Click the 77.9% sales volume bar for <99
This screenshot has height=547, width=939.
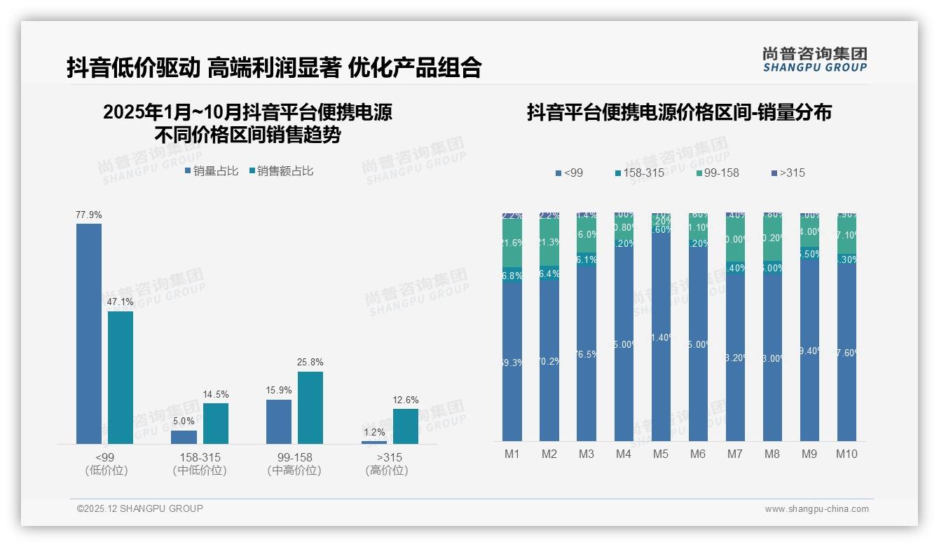pos(89,333)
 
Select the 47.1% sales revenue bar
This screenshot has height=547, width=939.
pos(121,377)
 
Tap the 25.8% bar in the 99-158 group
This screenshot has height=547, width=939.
pos(310,407)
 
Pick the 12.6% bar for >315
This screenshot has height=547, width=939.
pos(405,426)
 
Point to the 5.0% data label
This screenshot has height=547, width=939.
pos(184,421)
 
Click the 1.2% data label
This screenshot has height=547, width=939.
pos(374,433)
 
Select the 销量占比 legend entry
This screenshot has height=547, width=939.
pos(212,170)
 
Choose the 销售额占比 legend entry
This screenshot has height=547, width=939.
pos(281,170)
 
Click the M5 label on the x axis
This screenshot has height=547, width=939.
pos(661,454)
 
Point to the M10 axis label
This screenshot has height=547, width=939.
pos(846,454)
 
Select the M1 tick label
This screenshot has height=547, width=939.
pos(512,454)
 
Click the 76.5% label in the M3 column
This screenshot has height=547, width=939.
pos(587,354)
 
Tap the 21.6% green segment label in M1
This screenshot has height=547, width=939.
pos(512,243)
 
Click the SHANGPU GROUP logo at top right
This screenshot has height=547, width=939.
pos(814,60)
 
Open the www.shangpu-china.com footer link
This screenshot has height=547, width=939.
pos(816,509)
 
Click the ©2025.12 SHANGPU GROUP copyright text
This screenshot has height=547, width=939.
pos(140,508)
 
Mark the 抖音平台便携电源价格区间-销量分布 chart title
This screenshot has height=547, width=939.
pos(679,113)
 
